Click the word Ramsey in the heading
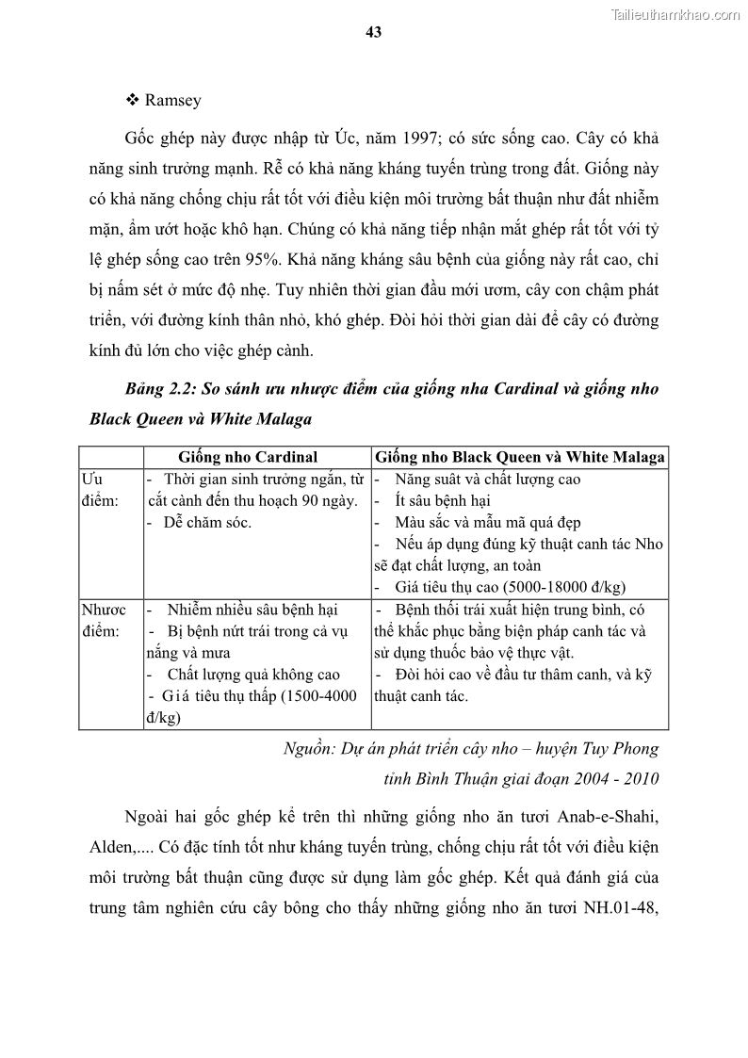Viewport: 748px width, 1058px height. pyautogui.click(x=173, y=101)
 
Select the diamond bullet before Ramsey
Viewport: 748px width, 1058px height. pyautogui.click(x=133, y=101)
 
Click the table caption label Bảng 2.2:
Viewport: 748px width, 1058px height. pyautogui.click(x=163, y=388)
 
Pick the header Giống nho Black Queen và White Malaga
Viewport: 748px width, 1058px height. pyautogui.click(x=520, y=457)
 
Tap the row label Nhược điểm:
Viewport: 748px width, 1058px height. pyautogui.click(x=109, y=620)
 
